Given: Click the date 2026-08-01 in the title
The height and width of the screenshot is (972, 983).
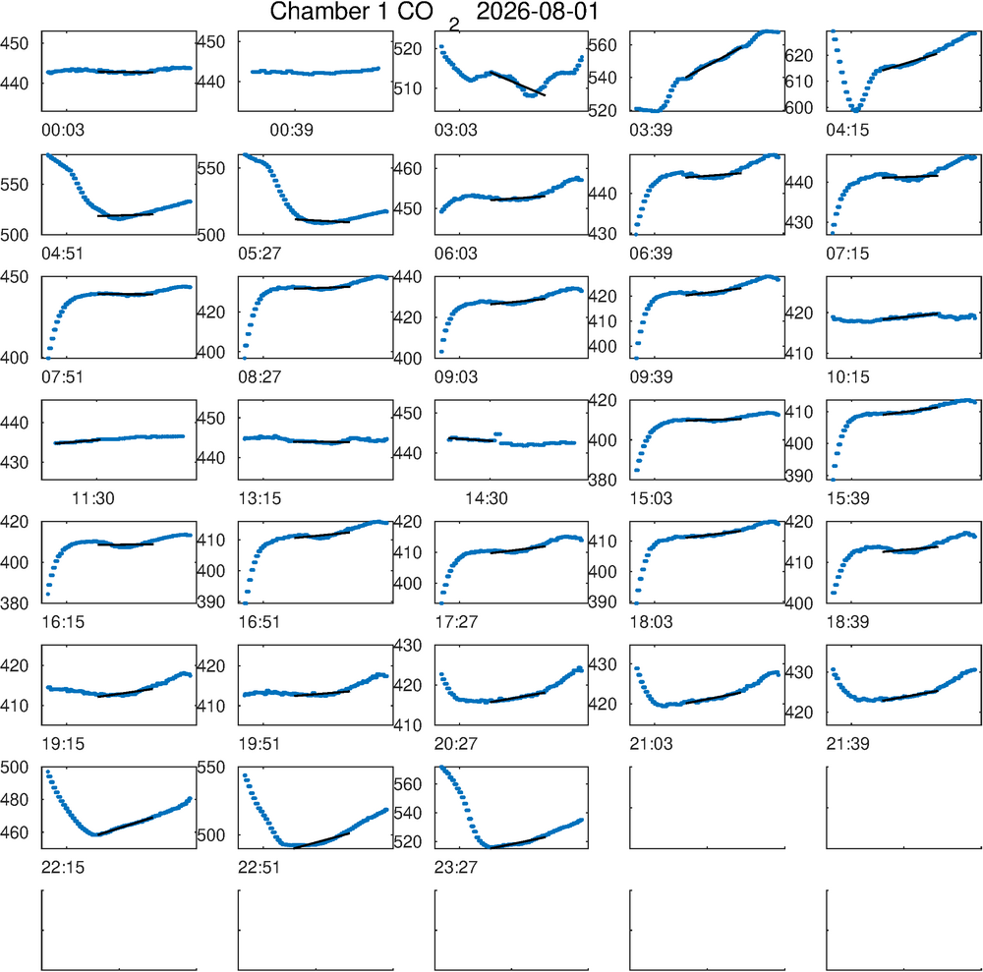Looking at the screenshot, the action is (x=538, y=12).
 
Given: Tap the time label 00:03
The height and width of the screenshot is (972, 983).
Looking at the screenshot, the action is (x=63, y=131).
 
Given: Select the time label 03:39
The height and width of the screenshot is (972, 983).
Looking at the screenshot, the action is (x=651, y=131).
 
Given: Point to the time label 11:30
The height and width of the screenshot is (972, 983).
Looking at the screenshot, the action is (x=92, y=499).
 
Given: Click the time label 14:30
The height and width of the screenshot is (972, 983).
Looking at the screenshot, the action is (x=486, y=499).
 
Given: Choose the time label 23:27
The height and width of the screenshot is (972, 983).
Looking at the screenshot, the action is (x=456, y=868).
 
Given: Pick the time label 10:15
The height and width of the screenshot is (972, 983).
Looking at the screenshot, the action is (x=847, y=377).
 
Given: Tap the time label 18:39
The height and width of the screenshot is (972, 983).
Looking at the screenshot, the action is (x=847, y=622).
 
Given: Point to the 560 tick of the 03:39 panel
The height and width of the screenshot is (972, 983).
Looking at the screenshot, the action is (x=603, y=45).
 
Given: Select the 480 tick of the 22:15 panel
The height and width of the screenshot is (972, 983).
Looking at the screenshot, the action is (x=15, y=800).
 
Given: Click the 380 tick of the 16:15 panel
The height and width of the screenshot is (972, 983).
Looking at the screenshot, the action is (x=15, y=603).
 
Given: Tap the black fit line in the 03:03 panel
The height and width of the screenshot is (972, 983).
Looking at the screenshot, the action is (x=517, y=84).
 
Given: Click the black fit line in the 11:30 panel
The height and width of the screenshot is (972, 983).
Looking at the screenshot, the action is (x=77, y=441).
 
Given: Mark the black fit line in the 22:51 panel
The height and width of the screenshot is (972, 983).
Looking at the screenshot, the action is (x=321, y=839).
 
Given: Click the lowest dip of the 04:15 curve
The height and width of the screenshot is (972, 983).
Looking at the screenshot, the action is (x=856, y=110).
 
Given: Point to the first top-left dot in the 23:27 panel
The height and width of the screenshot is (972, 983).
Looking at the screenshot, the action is (x=441, y=767).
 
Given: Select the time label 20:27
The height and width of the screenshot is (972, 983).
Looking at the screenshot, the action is (x=456, y=744).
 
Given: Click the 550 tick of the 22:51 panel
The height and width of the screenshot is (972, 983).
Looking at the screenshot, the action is (x=211, y=768).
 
